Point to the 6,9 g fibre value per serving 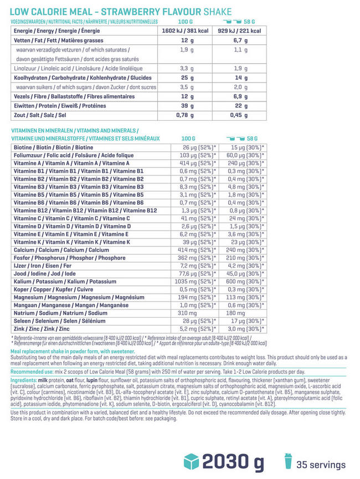tap(240, 96)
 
